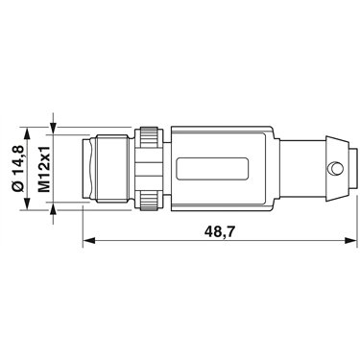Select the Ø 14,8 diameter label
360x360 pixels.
click(x=19, y=169)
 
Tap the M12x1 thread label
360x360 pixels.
click(x=44, y=169)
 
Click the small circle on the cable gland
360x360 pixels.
click(x=335, y=168)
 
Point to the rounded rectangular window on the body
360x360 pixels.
click(x=213, y=168)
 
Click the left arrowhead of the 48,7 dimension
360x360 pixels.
click(x=88, y=240)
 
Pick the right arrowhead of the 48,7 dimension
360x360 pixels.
click(x=350, y=240)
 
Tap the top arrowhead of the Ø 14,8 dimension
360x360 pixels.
click(x=27, y=133)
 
